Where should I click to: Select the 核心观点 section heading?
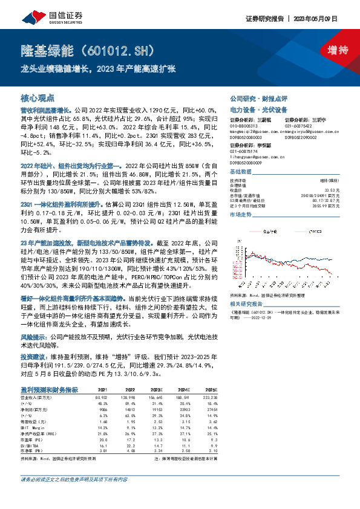click(x=38, y=97)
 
